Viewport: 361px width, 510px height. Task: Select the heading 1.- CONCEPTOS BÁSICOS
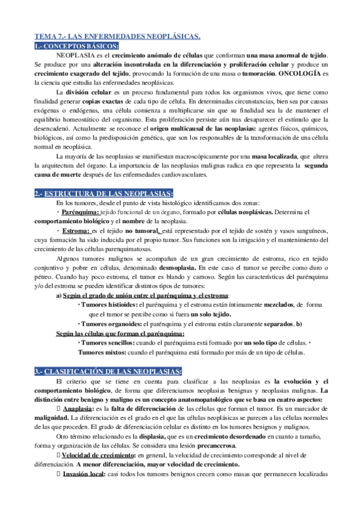point(76,46)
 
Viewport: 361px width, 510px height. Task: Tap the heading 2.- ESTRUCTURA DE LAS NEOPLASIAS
point(103,193)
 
